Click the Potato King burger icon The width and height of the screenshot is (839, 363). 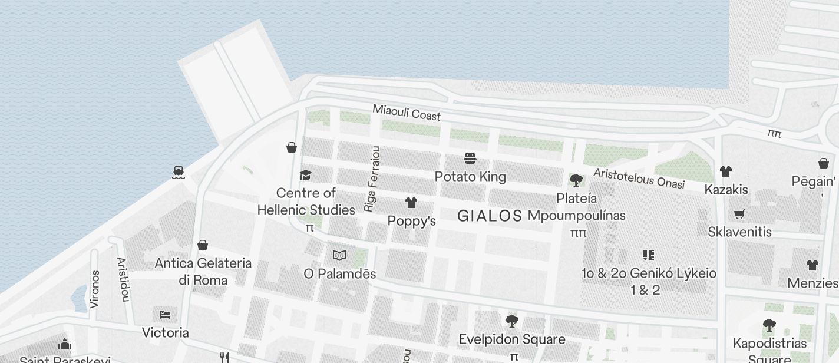coord(470,159)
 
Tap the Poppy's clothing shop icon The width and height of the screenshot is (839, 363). coord(411,203)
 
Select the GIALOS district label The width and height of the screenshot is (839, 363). coord(490,216)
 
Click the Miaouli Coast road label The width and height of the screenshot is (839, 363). coord(407,112)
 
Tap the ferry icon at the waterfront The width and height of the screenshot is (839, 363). coord(179,172)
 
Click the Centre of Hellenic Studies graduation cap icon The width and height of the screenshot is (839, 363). coord(305,176)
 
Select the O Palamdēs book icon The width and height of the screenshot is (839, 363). coord(339,255)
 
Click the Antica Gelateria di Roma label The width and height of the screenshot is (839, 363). coord(203,271)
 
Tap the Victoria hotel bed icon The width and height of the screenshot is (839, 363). coord(165,314)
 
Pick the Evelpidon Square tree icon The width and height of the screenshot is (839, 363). coord(511,321)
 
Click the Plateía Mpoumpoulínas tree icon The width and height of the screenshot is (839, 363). coord(576,180)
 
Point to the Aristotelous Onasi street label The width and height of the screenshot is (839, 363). coord(639,179)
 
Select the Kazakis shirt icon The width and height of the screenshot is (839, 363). coord(725,171)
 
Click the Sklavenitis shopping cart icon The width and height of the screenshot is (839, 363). coord(739,214)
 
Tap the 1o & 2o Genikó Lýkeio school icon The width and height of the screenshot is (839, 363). coord(648,255)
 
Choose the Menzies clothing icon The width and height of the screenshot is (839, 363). coord(812,265)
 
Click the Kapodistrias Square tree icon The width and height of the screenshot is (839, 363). coord(769,325)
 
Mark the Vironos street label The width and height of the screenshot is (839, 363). coord(95,289)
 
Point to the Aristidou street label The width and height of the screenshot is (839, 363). coord(123,279)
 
